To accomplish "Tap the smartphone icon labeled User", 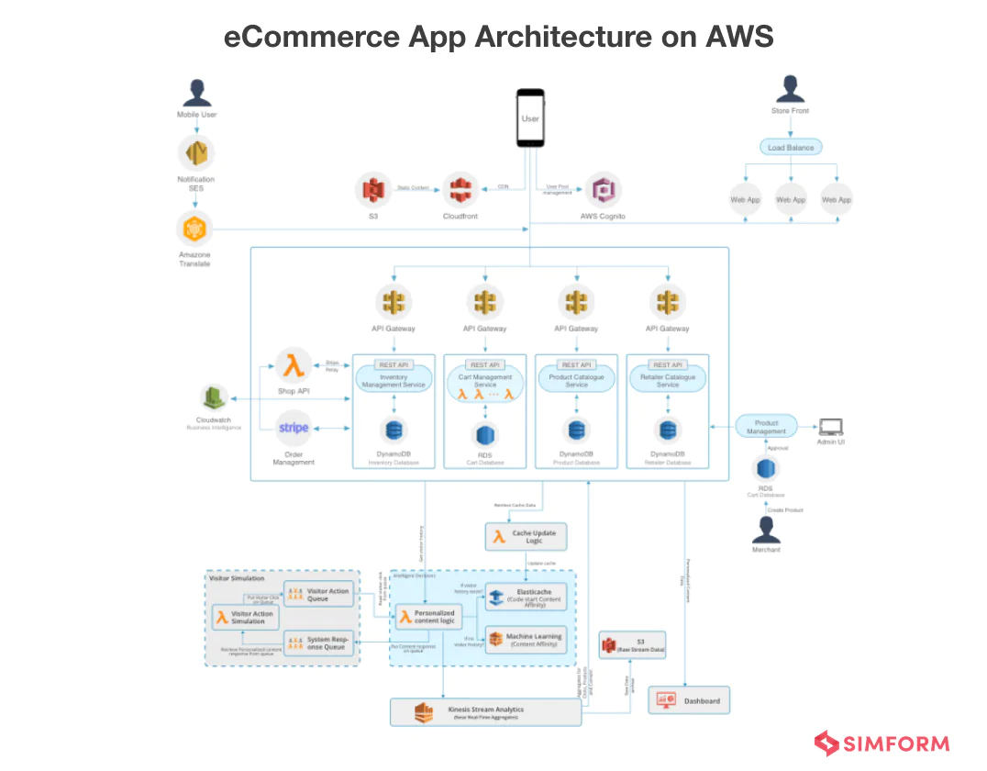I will tap(530, 117).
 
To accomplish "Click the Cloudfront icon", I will tap(460, 190).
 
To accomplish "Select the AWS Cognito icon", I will tap(603, 190).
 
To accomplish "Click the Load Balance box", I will tap(790, 147).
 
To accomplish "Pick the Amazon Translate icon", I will tap(194, 229).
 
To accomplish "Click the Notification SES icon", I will tap(195, 152).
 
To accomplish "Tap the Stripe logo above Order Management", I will tap(294, 428).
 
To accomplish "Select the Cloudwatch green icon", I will tap(214, 398).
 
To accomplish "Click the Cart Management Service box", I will tap(485, 381).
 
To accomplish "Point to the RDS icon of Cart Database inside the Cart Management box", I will tap(485, 432).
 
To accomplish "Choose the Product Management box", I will tap(766, 427).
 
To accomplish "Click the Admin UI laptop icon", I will tap(831, 426).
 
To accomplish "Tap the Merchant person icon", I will tap(766, 529).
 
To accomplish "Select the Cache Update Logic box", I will tap(526, 537).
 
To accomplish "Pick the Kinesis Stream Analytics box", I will tap(485, 712).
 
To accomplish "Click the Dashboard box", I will tap(689, 700).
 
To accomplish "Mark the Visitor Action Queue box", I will tap(318, 595).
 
